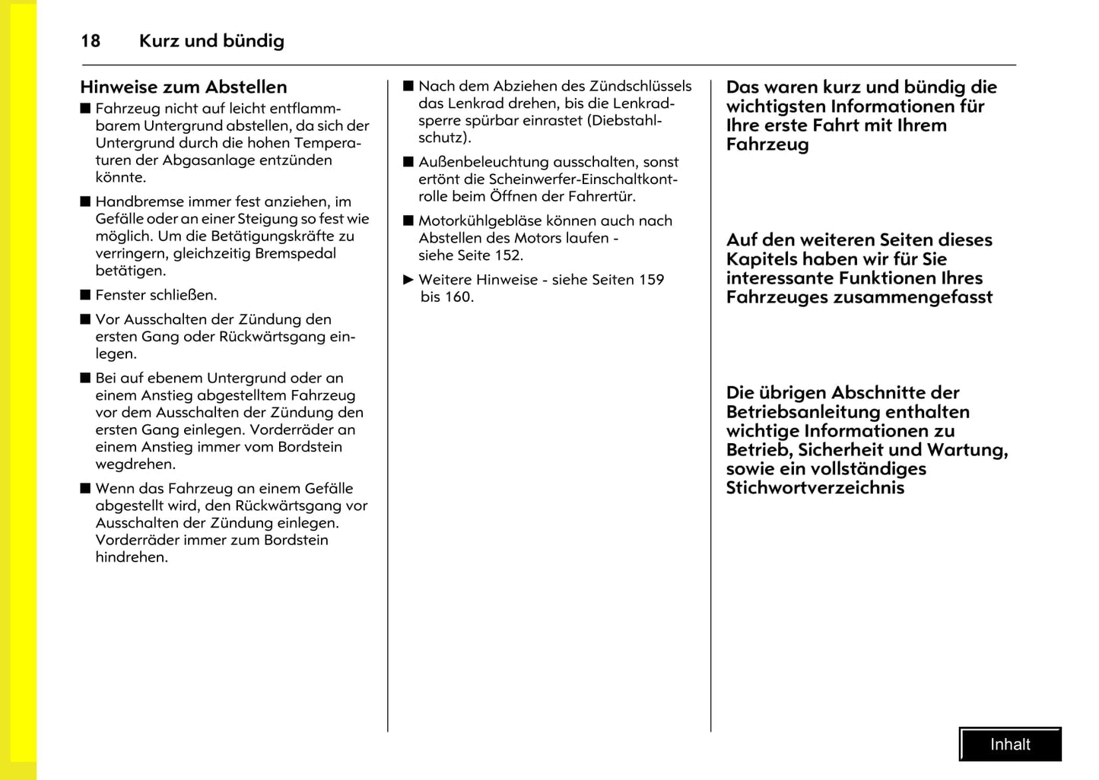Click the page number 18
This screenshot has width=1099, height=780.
[x=91, y=41]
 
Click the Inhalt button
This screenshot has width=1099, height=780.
[x=1010, y=744]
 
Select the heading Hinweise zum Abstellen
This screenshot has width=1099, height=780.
[x=183, y=87]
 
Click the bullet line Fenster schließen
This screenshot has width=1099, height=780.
[x=156, y=295]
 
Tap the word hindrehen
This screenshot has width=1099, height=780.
[x=131, y=557]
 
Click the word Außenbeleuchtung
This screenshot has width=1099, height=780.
[x=483, y=162]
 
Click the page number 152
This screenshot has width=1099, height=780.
[x=507, y=255]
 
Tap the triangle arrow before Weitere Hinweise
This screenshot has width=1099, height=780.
[x=408, y=280]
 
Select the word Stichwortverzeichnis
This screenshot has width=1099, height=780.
[x=815, y=488]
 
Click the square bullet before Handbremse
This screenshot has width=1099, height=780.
[x=85, y=201]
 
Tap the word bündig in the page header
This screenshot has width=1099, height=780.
[x=253, y=41]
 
